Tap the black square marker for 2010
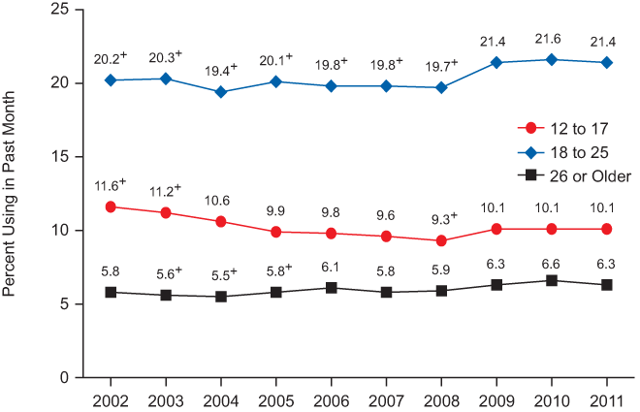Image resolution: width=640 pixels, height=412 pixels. tap(553, 280)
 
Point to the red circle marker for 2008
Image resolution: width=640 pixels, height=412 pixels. tap(441, 240)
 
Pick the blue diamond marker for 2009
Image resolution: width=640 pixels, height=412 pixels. tap(496, 62)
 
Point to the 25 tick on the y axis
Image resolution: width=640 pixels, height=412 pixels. tap(60, 10)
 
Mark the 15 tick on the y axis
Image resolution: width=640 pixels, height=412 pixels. tap(60, 156)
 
